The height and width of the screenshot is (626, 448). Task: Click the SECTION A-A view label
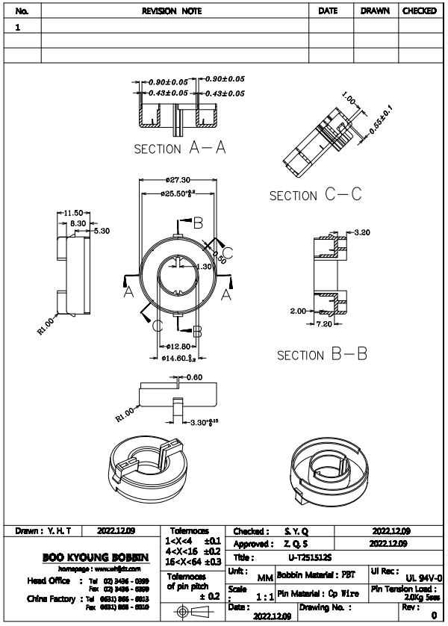pos(180,148)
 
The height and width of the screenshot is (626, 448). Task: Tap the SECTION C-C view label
pos(315,195)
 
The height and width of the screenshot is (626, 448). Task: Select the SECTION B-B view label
pos(323,355)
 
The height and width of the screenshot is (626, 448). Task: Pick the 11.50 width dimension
pos(73,213)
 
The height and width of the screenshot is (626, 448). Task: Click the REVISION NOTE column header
pos(175,11)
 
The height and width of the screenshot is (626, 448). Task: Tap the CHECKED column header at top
pos(420,11)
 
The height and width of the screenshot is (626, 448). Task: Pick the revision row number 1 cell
pos(17,26)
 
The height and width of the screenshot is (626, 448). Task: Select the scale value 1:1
pos(264,598)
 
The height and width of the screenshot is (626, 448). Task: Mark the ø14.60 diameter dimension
pos(177,359)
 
